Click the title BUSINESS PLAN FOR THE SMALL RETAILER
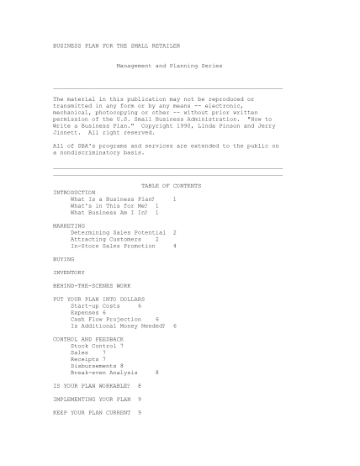click(x=116, y=45)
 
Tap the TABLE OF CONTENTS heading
click(x=171, y=185)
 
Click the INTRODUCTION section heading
click(x=74, y=192)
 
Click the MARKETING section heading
click(x=69, y=225)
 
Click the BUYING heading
click(x=63, y=259)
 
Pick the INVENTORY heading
click(x=69, y=273)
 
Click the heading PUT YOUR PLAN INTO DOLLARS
click(x=98, y=299)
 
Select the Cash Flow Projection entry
click(x=106, y=319)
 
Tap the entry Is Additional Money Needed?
click(x=117, y=326)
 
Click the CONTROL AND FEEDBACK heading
click(x=88, y=339)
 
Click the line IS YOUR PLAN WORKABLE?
click(x=89, y=385)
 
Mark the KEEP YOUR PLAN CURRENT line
click(x=90, y=412)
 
